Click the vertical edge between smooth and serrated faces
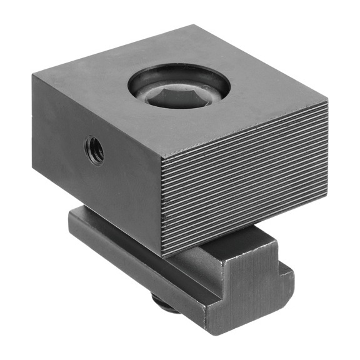[162, 206]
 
